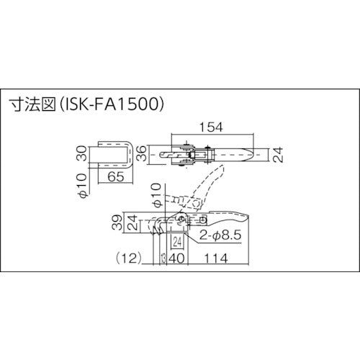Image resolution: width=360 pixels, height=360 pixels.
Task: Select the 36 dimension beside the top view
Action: [141, 153]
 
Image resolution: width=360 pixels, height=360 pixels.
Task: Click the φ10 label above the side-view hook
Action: [160, 194]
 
